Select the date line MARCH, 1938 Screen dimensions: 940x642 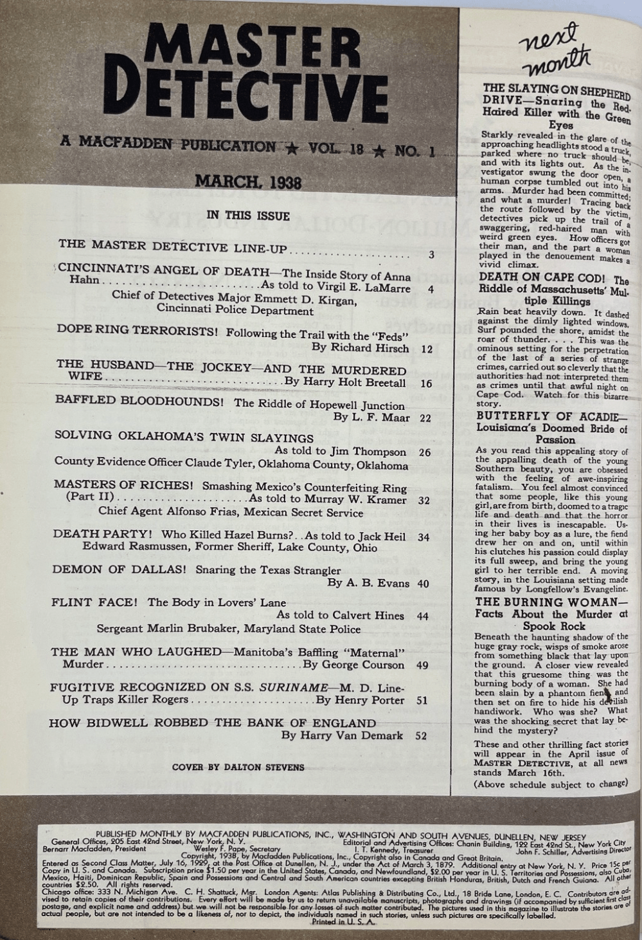(248, 181)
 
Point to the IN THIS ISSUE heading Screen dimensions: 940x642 (248, 216)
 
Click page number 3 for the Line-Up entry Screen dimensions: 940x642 (431, 255)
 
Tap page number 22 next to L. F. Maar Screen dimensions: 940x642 (425, 418)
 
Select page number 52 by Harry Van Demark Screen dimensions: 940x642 (422, 735)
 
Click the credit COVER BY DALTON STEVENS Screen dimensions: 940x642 (238, 768)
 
